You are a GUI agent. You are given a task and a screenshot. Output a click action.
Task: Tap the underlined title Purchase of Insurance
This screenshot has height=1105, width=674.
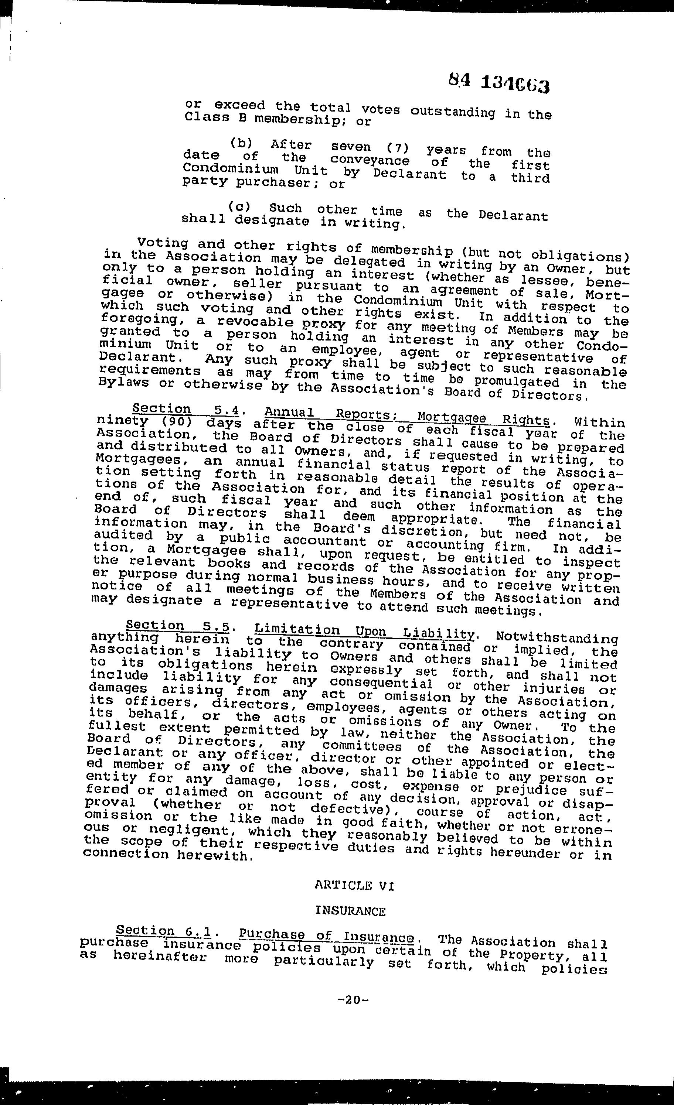pyautogui.click(x=326, y=935)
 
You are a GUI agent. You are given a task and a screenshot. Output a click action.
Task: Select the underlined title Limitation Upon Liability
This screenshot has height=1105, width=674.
pyautogui.click(x=364, y=632)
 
